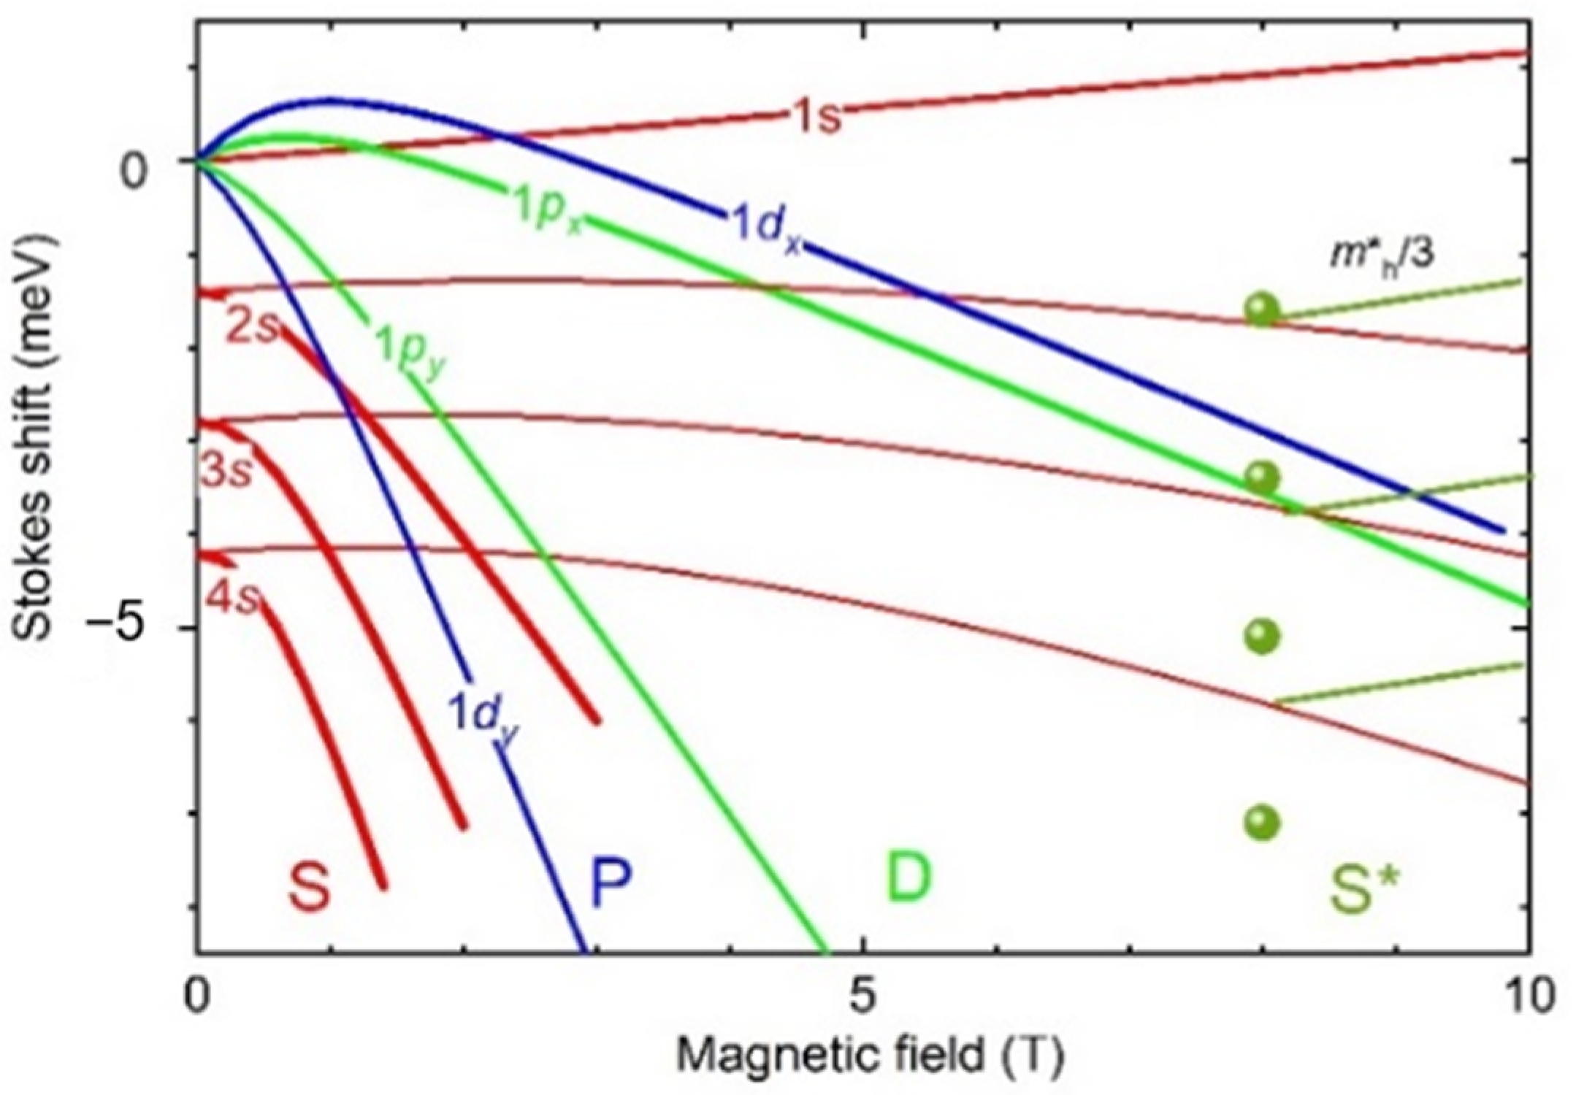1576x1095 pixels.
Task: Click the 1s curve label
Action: (x=816, y=117)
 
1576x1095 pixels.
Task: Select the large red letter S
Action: (x=309, y=885)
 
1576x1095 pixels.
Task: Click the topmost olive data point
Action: (x=1262, y=309)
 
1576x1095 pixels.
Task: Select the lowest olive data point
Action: (x=1262, y=823)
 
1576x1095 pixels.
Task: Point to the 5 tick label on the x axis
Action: (x=863, y=996)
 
